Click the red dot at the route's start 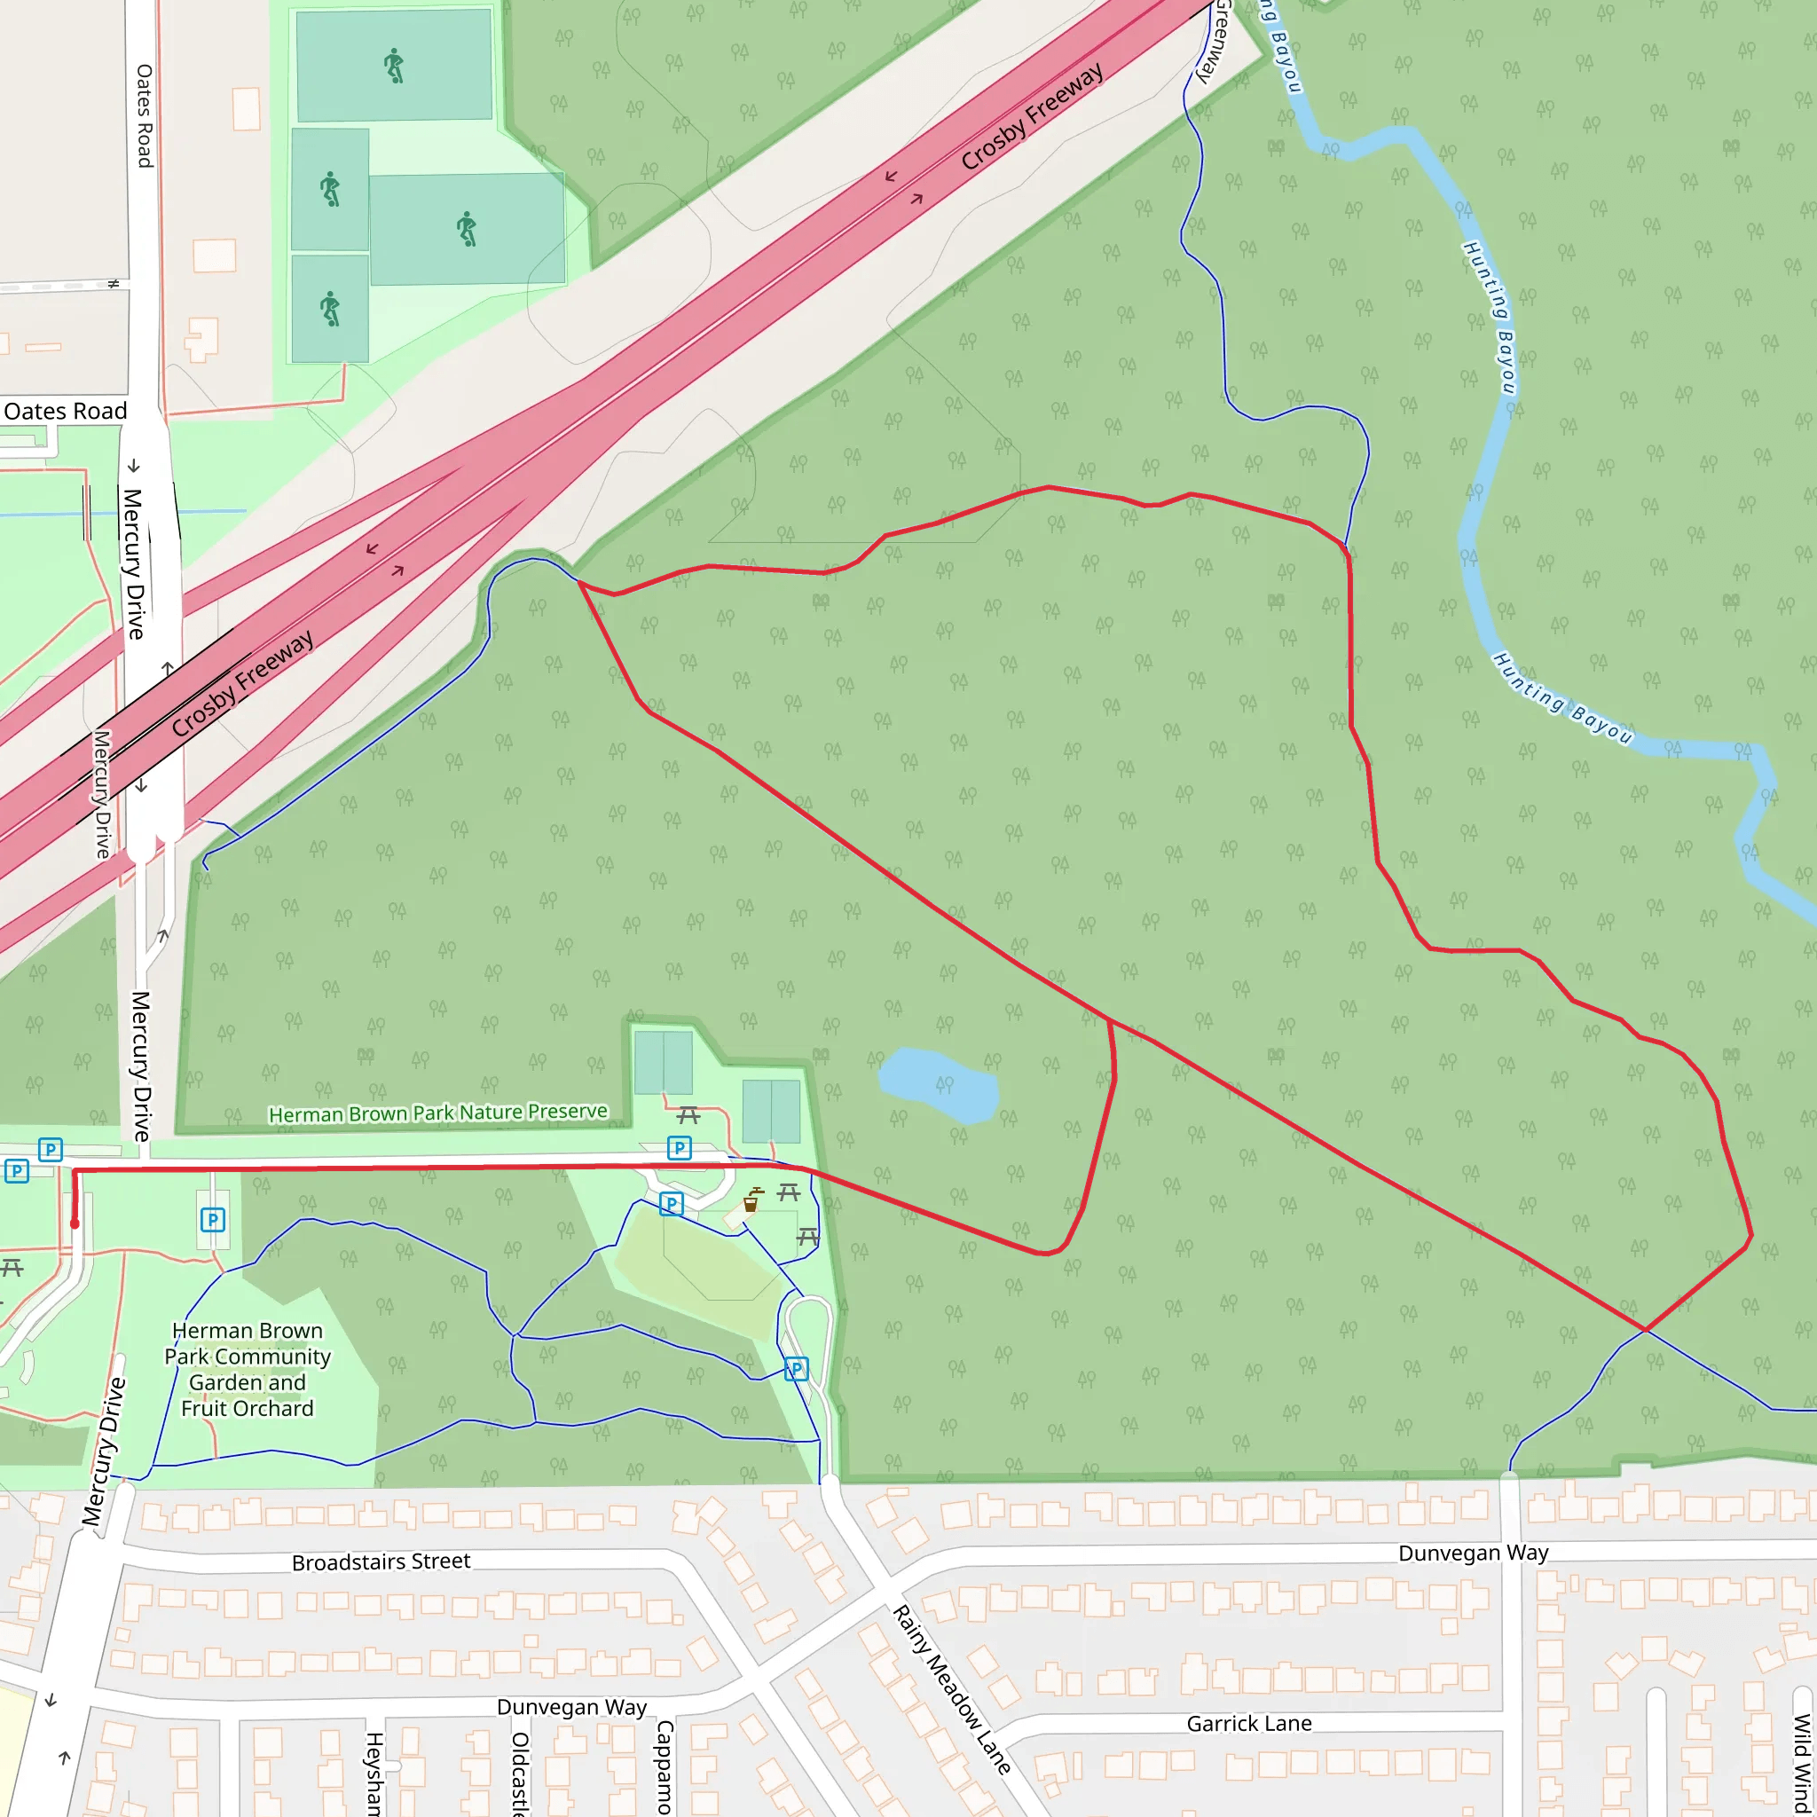[75, 1224]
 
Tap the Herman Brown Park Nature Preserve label [438, 1113]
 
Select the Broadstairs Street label [381, 1562]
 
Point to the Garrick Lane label [1249, 1724]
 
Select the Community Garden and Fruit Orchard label [248, 1369]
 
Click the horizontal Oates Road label [65, 411]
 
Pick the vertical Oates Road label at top [144, 115]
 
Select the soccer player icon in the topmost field [394, 67]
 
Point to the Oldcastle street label [520, 1773]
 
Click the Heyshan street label [374, 1773]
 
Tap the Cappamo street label [665, 1767]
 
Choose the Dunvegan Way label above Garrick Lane [1473, 1553]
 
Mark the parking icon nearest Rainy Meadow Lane [796, 1369]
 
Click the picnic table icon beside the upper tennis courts [688, 1115]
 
